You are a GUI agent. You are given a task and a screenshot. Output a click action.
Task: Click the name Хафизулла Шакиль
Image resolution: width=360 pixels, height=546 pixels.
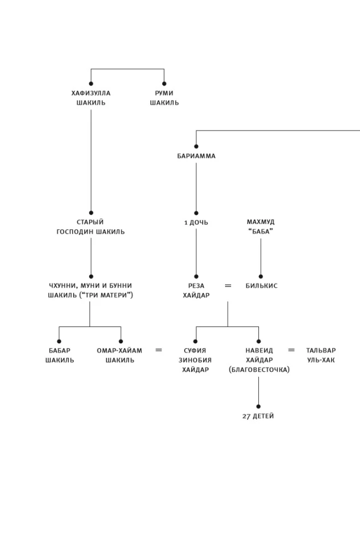pyautogui.click(x=91, y=98)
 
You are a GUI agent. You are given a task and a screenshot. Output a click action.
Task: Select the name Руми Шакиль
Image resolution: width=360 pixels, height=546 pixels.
pyautogui.click(x=164, y=98)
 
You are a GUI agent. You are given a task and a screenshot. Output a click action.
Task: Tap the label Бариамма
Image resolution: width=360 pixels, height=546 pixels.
pyautogui.click(x=196, y=156)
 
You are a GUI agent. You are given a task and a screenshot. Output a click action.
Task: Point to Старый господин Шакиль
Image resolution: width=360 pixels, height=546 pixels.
pyautogui.click(x=91, y=227)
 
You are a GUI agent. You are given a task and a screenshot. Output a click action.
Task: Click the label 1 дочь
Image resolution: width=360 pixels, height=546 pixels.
pyautogui.click(x=196, y=223)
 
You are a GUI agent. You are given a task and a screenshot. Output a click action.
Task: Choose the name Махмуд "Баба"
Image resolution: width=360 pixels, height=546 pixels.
pyautogui.click(x=261, y=227)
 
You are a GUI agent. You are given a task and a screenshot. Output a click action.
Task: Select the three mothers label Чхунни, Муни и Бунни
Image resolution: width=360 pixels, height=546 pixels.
pyautogui.click(x=90, y=290)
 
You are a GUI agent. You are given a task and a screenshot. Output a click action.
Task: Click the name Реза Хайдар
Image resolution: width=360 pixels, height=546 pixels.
pyautogui.click(x=196, y=290)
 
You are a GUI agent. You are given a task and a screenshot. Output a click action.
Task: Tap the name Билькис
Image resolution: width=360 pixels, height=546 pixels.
pyautogui.click(x=261, y=286)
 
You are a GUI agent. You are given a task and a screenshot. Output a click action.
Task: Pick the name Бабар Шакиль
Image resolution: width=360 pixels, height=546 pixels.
pyautogui.click(x=60, y=355)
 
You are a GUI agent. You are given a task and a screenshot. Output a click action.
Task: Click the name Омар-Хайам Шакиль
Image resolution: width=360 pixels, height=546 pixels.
pyautogui.click(x=120, y=355)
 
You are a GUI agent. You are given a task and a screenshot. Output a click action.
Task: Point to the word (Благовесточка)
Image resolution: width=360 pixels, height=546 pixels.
pyautogui.click(x=259, y=370)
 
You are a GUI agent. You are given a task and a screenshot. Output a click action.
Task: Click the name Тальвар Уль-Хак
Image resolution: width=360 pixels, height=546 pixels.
pyautogui.click(x=321, y=355)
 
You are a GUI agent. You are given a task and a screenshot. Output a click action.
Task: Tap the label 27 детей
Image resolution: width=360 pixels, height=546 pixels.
pyautogui.click(x=258, y=416)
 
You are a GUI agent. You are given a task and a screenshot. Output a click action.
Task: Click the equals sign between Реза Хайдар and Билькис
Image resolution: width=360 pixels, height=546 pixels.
pyautogui.click(x=228, y=286)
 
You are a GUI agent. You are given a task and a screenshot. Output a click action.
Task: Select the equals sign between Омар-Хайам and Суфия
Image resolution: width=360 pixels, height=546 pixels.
pyautogui.click(x=158, y=350)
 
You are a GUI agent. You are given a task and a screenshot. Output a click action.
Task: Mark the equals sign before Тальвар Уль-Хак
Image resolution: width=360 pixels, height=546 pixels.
pyautogui.click(x=291, y=350)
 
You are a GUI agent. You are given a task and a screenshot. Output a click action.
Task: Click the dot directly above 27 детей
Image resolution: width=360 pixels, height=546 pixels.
pyautogui.click(x=258, y=406)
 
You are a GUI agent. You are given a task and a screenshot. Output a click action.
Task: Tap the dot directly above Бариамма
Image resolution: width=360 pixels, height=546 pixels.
pyautogui.click(x=196, y=146)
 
